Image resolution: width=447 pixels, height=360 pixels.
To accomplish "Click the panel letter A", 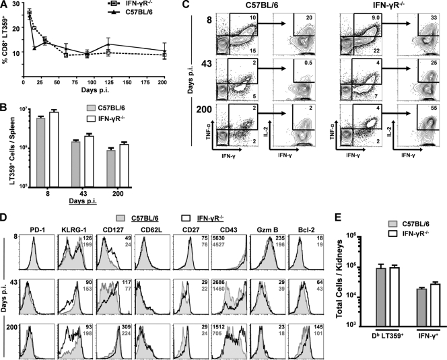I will pyautogui.click(x=5, y=5).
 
